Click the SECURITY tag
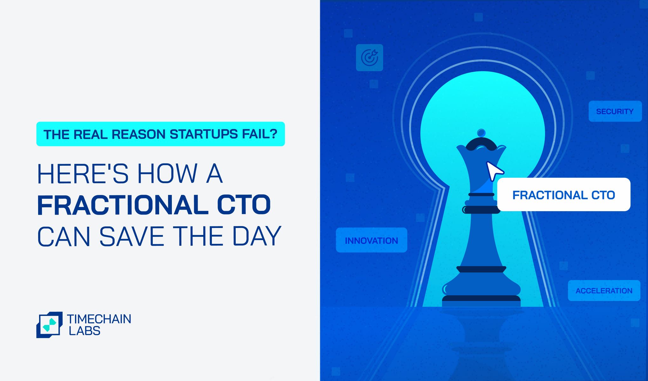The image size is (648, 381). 615,111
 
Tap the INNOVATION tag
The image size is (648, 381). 371,240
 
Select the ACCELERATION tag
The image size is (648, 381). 604,291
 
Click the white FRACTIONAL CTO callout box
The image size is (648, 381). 564,194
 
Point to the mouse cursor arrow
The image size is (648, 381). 494,171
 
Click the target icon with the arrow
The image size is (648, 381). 369,57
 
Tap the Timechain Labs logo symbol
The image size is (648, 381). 49,325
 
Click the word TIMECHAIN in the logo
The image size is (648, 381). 99,319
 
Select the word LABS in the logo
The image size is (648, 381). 84,331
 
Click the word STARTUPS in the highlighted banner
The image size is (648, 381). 204,134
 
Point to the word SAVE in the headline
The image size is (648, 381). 132,236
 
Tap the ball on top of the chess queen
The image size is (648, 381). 481,133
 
